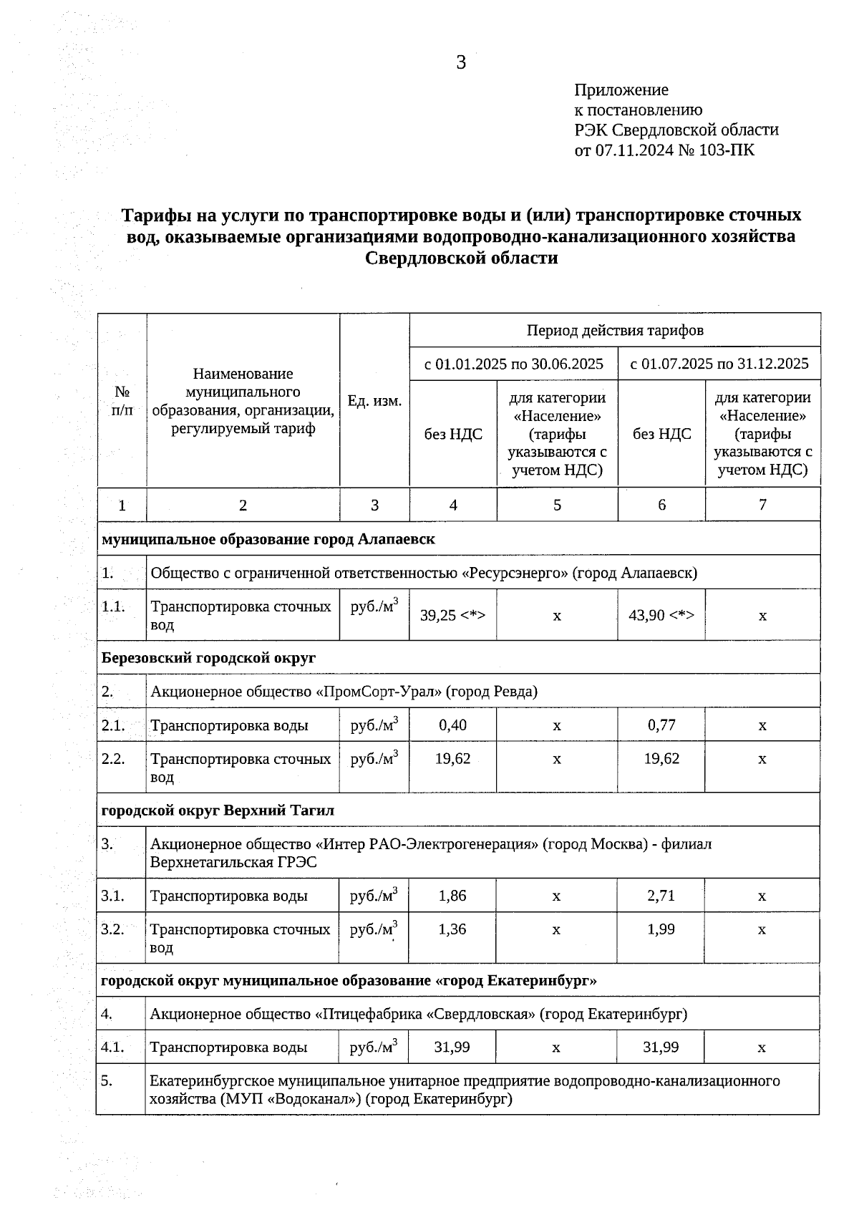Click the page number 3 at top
461,63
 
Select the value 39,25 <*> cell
452,615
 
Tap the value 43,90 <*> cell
661,615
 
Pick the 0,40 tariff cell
452,725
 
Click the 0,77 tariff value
661,725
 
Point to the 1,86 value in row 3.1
452,895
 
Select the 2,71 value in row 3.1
661,895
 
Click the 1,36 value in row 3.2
452,929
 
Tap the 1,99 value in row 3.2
661,929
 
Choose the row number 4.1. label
113,1047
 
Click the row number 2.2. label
114,758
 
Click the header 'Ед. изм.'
374,401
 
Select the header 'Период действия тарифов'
615,330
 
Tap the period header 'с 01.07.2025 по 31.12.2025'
719,364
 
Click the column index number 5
557,505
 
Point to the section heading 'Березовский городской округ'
208,657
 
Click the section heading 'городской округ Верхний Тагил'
218,810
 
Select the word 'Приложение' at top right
621,90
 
